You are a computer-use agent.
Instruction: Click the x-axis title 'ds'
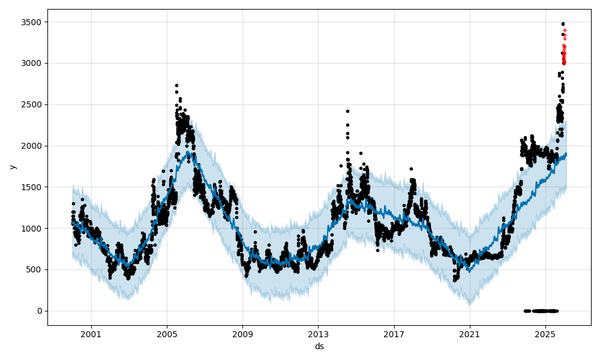[x=319, y=346]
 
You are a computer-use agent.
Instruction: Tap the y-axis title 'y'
[x=11, y=167]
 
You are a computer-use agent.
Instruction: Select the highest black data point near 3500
[x=563, y=24]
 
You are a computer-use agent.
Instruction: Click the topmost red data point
[x=565, y=30]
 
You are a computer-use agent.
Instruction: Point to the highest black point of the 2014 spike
[x=347, y=111]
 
